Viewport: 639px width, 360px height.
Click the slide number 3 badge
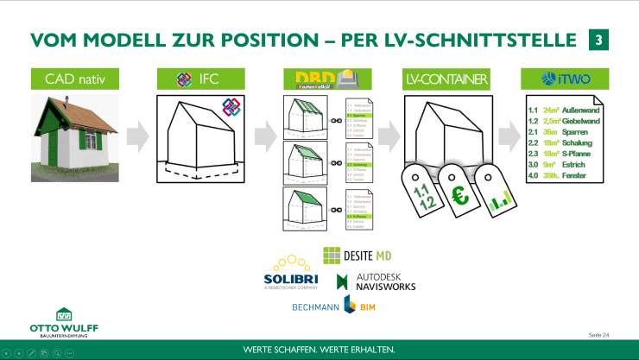click(598, 40)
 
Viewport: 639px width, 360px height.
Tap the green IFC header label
click(197, 79)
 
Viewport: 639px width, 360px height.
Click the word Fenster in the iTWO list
click(577, 175)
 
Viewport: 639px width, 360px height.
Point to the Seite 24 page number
click(598, 334)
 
